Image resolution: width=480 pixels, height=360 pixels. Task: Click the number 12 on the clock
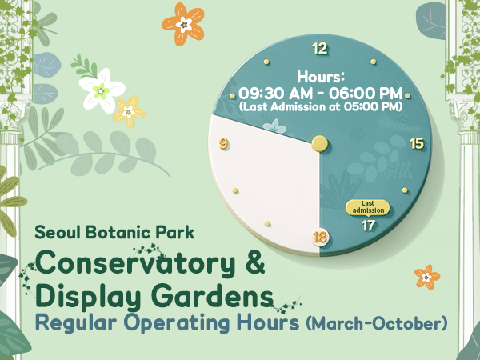click(x=320, y=49)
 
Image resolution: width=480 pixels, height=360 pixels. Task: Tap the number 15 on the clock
click(x=416, y=143)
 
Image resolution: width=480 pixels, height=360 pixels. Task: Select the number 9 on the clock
click(x=223, y=144)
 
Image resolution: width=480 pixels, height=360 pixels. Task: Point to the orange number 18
click(x=320, y=238)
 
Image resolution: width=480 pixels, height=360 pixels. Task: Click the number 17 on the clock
click(x=368, y=226)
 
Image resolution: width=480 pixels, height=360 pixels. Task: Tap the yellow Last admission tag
click(x=368, y=207)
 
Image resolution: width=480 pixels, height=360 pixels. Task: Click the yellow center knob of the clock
click(x=320, y=144)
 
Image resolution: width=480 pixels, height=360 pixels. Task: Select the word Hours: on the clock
click(x=320, y=77)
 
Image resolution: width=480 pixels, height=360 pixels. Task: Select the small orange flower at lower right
click(x=427, y=277)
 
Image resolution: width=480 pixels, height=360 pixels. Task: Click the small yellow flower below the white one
click(x=129, y=111)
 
